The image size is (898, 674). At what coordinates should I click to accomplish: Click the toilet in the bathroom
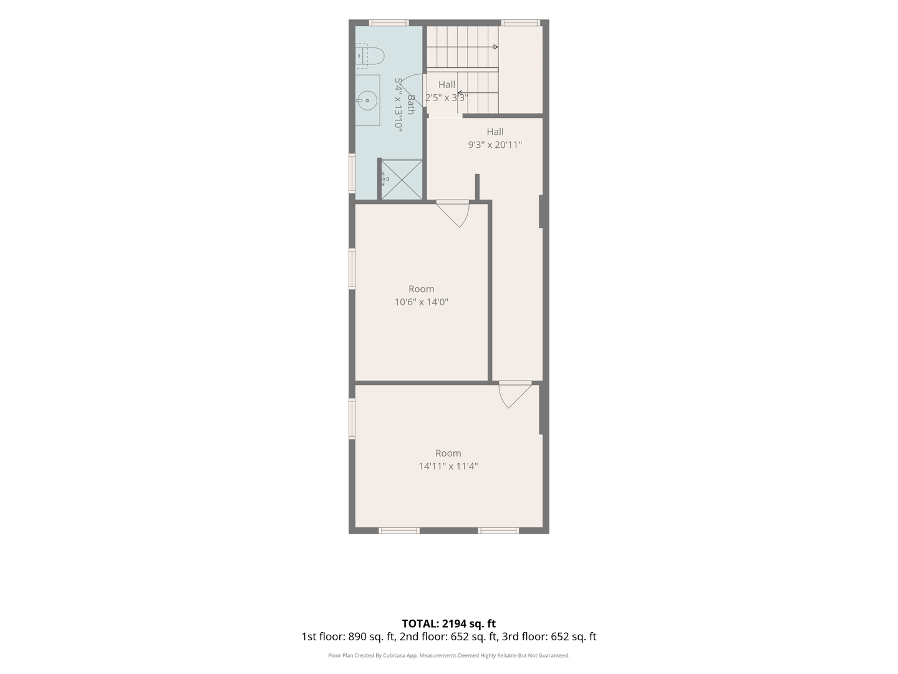pyautogui.click(x=370, y=56)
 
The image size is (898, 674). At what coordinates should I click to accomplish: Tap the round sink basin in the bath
pyautogui.click(x=367, y=100)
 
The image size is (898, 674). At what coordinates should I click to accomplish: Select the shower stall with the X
pyautogui.click(x=402, y=180)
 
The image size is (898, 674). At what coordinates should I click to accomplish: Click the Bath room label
pyautogui.click(x=411, y=105)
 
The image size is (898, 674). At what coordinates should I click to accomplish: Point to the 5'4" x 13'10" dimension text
pyautogui.click(x=398, y=105)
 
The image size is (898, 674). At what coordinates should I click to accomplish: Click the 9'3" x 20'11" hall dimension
pyautogui.click(x=495, y=145)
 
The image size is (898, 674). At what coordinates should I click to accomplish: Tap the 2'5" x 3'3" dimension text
pyautogui.click(x=447, y=98)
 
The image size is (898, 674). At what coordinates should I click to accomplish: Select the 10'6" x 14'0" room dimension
pyautogui.click(x=422, y=302)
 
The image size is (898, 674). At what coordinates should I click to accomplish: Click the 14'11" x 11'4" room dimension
pyautogui.click(x=448, y=466)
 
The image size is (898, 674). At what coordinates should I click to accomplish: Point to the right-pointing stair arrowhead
pyautogui.click(x=496, y=47)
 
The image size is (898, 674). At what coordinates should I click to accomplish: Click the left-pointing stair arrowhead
pyautogui.click(x=460, y=93)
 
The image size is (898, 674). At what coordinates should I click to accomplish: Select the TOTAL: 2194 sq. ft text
pyautogui.click(x=449, y=623)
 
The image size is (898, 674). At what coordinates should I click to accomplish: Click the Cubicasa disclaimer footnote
pyautogui.click(x=449, y=655)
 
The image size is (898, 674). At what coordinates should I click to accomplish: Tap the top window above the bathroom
pyautogui.click(x=389, y=23)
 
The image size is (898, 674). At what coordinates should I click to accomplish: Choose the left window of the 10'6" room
pyautogui.click(x=352, y=269)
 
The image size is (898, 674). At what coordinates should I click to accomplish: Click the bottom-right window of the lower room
pyautogui.click(x=498, y=530)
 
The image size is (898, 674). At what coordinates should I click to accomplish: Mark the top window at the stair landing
pyautogui.click(x=520, y=23)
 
